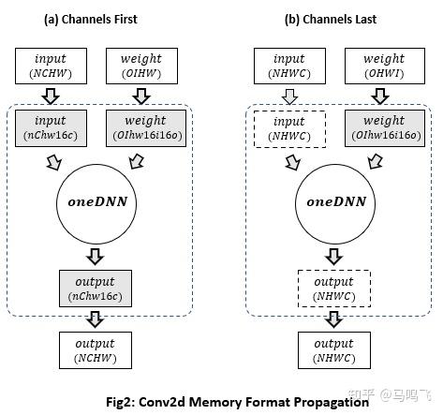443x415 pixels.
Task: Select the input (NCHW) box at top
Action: pyautogui.click(x=49, y=67)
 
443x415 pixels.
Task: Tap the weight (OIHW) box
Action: pyautogui.click(x=141, y=67)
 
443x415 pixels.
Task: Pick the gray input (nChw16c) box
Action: pyautogui.click(x=49, y=127)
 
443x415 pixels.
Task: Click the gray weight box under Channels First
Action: pyautogui.click(x=141, y=127)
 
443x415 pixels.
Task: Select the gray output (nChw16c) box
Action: pyautogui.click(x=95, y=288)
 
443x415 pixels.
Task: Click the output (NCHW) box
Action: pyautogui.click(x=95, y=350)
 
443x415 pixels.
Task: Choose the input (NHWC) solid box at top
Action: pyautogui.click(x=287, y=67)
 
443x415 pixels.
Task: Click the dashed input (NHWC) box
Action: pyautogui.click(x=287, y=127)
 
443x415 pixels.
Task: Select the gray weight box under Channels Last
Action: pyautogui.click(x=379, y=127)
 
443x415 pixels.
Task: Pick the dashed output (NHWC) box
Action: pyautogui.click(x=332, y=288)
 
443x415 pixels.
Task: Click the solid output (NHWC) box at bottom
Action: pyautogui.click(x=332, y=350)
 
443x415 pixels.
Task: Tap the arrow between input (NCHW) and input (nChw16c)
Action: pyautogui.click(x=49, y=96)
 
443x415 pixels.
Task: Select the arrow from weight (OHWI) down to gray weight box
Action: pyautogui.click(x=379, y=96)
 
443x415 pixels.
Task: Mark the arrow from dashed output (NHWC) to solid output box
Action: pyautogui.click(x=332, y=319)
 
